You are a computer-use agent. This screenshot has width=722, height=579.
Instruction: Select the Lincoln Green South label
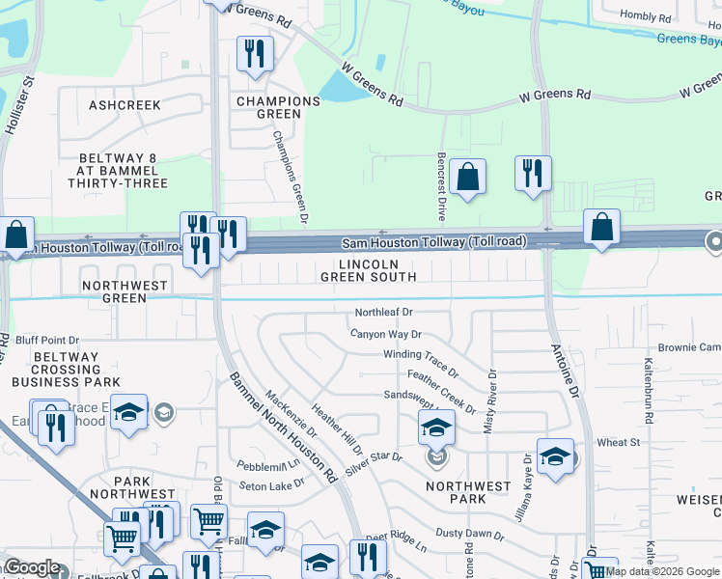378,270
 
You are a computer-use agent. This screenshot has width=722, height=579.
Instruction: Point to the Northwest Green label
125,291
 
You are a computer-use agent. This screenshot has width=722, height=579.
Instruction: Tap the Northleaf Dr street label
383,313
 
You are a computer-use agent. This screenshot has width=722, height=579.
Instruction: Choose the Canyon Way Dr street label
386,334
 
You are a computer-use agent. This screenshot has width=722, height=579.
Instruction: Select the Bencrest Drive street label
441,183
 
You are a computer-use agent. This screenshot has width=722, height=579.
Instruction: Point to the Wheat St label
619,442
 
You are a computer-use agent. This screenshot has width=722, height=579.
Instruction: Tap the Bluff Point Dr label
47,340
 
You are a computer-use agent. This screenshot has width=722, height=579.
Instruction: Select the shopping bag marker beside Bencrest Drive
467,177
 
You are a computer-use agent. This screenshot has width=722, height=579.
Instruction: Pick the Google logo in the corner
32,568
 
